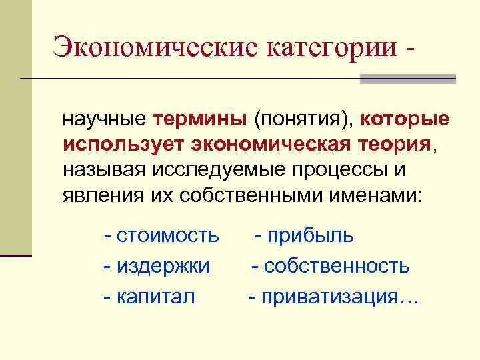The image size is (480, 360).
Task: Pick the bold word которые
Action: (x=405, y=120)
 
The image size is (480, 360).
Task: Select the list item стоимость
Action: (x=167, y=235)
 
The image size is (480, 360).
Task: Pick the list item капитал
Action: (x=156, y=297)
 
